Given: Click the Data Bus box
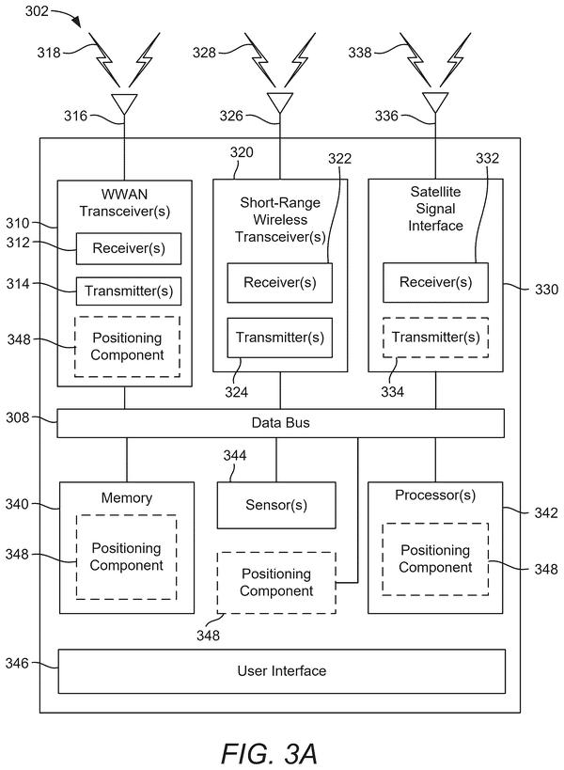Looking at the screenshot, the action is coord(280,423).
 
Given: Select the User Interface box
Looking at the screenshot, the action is coord(282,671).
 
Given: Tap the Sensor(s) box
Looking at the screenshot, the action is coord(276,505).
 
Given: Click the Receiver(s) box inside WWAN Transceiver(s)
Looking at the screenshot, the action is coord(129,248).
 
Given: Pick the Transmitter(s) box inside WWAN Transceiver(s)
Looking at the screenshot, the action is coord(129,291).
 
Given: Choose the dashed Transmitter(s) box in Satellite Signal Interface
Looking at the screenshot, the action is coord(435,338).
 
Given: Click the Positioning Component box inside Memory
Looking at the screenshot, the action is coord(126,557).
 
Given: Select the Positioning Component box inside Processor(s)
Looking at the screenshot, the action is coord(435,558).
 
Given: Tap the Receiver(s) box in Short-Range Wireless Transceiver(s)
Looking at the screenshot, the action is coord(280,283).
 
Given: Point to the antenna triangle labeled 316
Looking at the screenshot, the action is coord(124,102).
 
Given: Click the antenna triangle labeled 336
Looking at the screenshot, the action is coord(435,102).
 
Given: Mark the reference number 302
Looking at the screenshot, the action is coord(37,10).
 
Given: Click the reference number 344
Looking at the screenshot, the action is coord(235,455).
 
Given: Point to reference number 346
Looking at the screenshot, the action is coord(17,663).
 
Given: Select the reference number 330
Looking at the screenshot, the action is coord(546,290).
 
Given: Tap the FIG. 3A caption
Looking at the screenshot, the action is coord(269,753).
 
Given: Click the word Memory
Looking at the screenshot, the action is coord(127,498).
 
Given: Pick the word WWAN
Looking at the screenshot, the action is coord(124,195).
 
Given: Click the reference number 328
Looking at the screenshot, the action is coord(204,52).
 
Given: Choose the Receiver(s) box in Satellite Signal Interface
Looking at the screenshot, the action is coord(435,282).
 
